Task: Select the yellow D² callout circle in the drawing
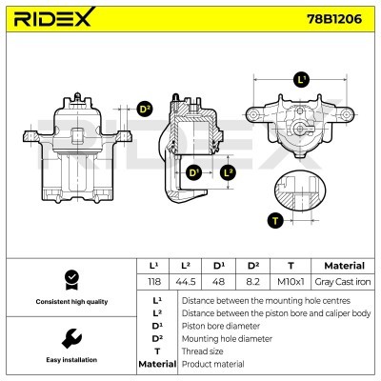click(x=145, y=110)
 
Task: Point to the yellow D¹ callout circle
click(x=193, y=172)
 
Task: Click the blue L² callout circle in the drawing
click(x=227, y=172)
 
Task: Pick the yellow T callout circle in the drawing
click(x=276, y=220)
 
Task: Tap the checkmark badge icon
click(x=69, y=278)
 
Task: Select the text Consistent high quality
click(x=69, y=302)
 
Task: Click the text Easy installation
click(x=69, y=360)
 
